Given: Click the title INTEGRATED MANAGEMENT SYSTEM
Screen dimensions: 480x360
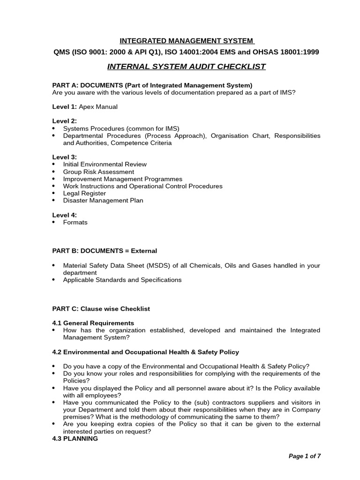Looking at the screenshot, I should (186, 41).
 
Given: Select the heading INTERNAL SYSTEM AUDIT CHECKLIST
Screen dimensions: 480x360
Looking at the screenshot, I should (186, 67).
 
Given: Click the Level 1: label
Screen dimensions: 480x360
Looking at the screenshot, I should (64, 107).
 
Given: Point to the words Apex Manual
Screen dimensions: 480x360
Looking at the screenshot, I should (98, 107).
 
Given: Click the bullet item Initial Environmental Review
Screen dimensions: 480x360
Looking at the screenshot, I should (105, 165).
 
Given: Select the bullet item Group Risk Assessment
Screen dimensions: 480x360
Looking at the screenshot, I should (98, 172).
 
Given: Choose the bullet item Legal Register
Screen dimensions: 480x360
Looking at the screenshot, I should (84, 193).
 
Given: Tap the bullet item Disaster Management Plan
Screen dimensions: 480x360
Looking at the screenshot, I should (103, 201).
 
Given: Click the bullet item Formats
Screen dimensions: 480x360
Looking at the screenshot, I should (75, 222).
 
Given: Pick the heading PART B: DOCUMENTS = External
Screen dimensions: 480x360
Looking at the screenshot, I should (105, 251).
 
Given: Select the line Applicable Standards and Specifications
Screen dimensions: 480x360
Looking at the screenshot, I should (122, 280).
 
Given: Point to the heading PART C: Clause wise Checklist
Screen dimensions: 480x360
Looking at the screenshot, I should (101, 309).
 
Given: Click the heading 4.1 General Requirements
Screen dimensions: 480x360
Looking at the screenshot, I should (93, 323).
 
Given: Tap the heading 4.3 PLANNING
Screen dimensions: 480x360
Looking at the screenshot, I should (75, 439).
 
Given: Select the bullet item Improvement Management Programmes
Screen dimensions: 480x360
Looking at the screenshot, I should (123, 179).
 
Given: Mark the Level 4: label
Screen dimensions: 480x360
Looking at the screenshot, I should (64, 215).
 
